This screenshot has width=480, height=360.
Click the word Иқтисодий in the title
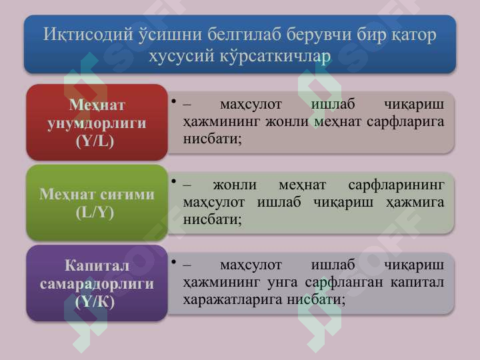click(88, 34)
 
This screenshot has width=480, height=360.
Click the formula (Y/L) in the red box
click(95, 141)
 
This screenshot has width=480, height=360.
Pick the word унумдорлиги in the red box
click(97, 124)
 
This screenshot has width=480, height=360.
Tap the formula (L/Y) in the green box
click(95, 213)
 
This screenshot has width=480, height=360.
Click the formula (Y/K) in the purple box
click(95, 302)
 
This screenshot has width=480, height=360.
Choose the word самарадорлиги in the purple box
click(97, 284)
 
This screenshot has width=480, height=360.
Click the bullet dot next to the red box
click(174, 101)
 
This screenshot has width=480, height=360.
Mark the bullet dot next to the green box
click(174, 181)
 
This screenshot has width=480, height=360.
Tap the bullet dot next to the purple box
click(174, 262)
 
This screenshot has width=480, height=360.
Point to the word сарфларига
click(405, 122)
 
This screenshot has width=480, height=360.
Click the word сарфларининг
click(396, 185)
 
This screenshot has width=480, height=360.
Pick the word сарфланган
click(344, 283)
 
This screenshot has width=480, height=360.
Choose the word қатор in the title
click(413, 35)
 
